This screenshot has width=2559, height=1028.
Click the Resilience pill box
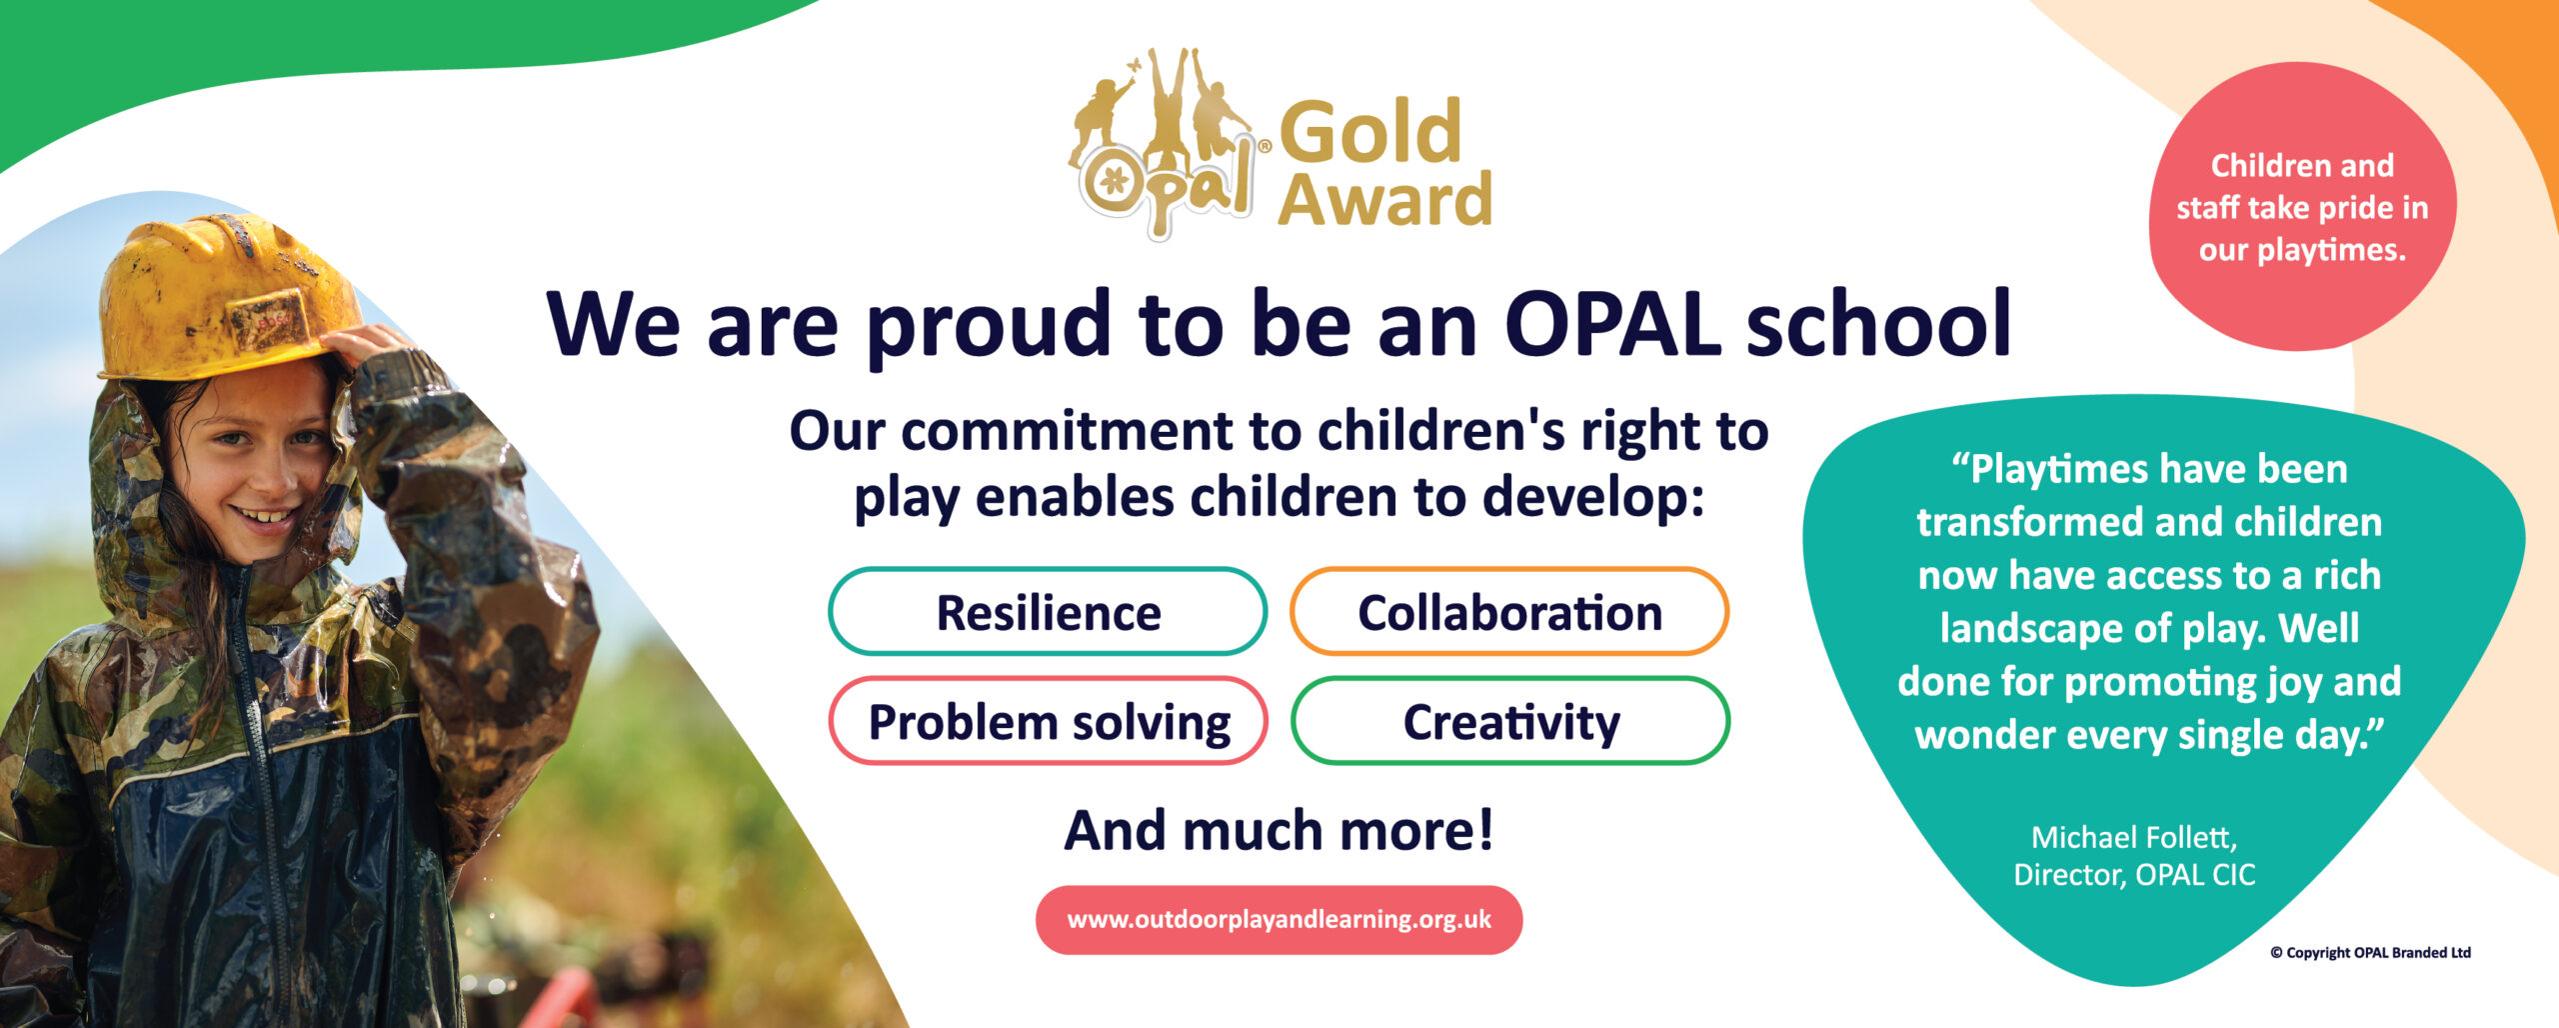[x=1048, y=611]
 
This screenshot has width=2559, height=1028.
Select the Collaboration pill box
[x=1509, y=611]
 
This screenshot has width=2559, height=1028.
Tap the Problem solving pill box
[x=1048, y=721]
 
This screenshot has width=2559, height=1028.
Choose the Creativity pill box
[x=1509, y=721]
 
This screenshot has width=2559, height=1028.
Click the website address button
[x=1279, y=919]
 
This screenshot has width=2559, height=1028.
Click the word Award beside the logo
[x=1384, y=199]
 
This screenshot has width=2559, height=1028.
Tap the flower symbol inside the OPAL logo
[x=1113, y=181]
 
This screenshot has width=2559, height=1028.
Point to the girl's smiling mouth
[x=262, y=518]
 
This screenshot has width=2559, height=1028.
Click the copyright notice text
[x=2370, y=952]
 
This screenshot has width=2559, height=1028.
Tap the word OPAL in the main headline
[x=1612, y=324]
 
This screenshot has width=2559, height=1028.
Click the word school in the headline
[x=1878, y=322]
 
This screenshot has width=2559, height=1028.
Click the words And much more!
[x=1279, y=829]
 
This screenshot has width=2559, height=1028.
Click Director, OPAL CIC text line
[x=2134, y=875]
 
